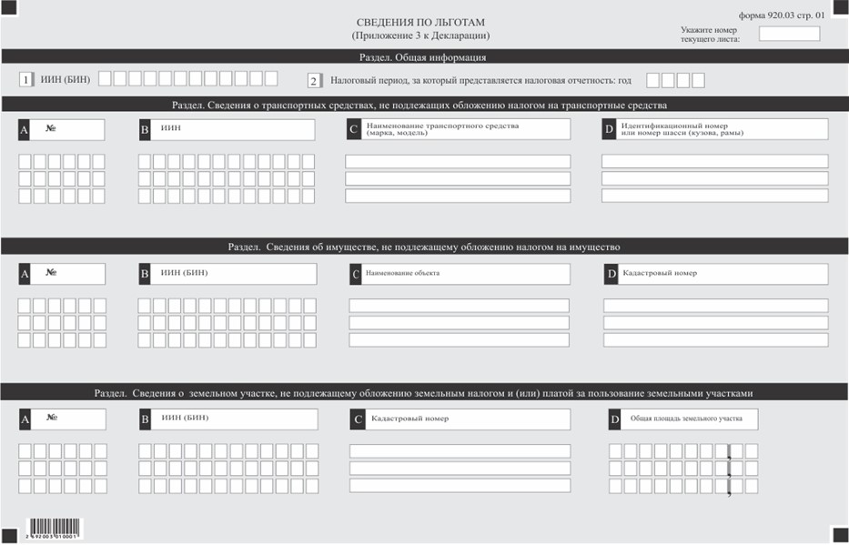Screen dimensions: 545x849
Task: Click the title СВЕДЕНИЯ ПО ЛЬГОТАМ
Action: click(x=420, y=21)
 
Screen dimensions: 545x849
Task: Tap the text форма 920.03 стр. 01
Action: click(x=783, y=15)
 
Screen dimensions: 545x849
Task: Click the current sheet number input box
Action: click(x=789, y=34)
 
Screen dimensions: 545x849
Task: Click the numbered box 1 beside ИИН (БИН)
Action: click(x=26, y=80)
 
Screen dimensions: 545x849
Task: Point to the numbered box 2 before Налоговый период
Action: click(x=314, y=80)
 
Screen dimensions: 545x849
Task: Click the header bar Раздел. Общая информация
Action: click(x=423, y=56)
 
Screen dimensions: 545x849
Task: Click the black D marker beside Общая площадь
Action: click(x=614, y=419)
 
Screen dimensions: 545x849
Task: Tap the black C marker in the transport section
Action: click(x=353, y=129)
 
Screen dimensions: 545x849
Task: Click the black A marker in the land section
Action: click(x=25, y=419)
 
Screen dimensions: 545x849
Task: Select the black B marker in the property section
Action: click(x=145, y=273)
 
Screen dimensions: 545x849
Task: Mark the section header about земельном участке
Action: click(x=423, y=392)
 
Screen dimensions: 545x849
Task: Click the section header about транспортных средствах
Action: click(x=423, y=104)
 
